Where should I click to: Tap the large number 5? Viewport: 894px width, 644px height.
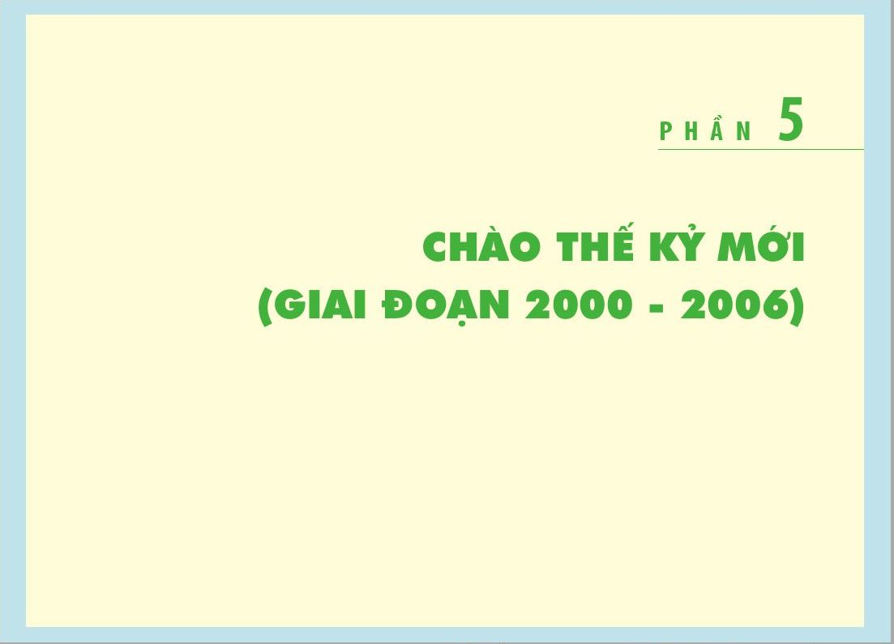coord(791,119)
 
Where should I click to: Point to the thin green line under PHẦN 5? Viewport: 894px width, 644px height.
coord(761,149)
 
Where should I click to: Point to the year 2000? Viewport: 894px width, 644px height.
coord(579,305)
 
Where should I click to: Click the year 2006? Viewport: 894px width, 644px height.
coord(734,305)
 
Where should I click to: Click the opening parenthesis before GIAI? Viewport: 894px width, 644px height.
coord(264,307)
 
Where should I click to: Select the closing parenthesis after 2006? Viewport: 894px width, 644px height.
coord(797,307)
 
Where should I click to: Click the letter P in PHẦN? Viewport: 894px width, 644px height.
coord(665,131)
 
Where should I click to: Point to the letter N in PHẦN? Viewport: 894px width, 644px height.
coord(745,131)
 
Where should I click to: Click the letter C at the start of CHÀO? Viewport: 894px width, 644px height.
coord(437,247)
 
